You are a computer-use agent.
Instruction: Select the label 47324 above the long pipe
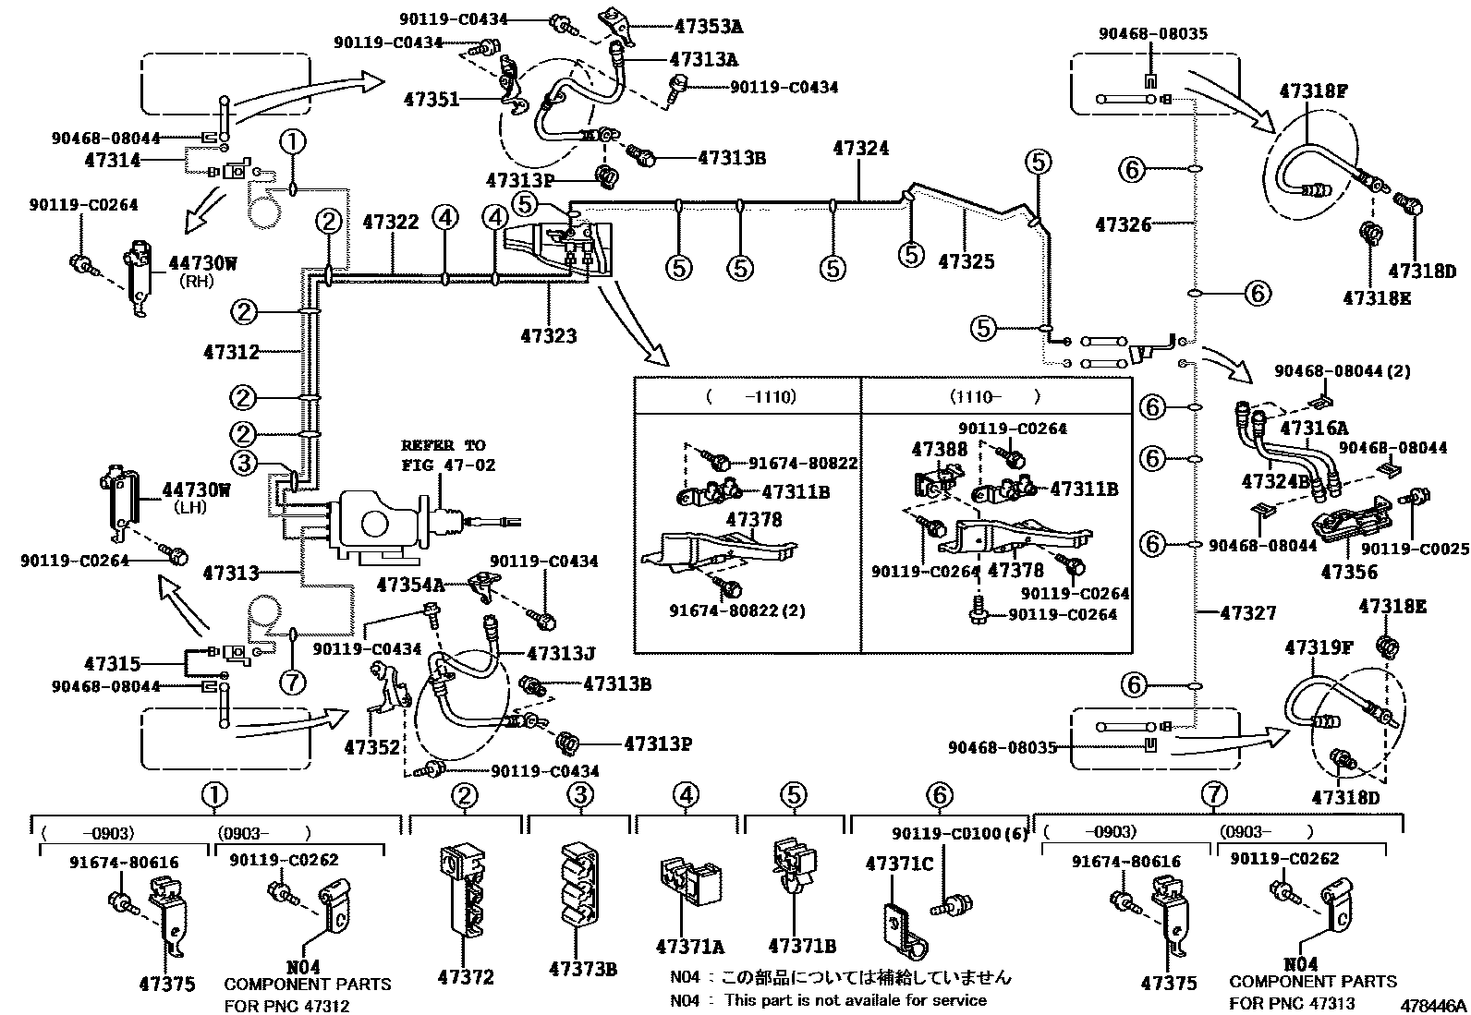pos(861,148)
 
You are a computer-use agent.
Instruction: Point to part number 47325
pos(966,262)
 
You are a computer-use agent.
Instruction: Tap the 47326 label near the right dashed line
pos(1124,224)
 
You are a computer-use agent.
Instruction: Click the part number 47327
pos(1248,612)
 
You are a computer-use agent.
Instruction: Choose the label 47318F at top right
pos(1313,91)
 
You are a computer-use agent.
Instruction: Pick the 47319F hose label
pos(1319,648)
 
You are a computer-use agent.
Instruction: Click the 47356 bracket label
pos(1349,573)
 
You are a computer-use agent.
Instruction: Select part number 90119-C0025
pos(1415,549)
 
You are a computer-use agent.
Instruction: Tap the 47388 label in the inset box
pos(940,450)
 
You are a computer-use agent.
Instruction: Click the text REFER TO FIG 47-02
pos(448,455)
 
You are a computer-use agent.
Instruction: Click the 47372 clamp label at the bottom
pos(466,977)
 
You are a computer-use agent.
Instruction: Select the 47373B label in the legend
pos(582,969)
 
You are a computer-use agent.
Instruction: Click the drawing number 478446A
pos(1432,1004)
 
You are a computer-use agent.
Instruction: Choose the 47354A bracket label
pos(410,584)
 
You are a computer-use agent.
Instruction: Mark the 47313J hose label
pos(561,654)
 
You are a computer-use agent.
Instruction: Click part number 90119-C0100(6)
pos(960,834)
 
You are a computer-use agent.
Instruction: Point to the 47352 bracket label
pos(371,746)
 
